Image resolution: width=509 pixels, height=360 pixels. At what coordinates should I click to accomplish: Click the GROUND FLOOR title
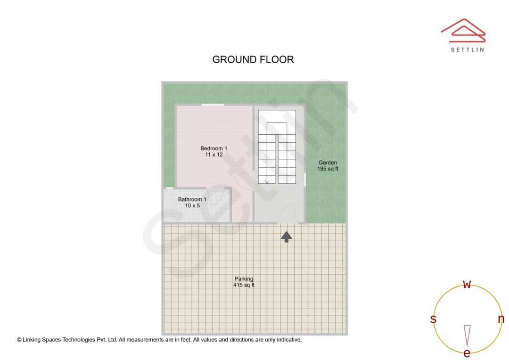[x=253, y=59]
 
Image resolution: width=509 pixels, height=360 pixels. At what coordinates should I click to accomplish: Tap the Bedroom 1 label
[x=213, y=148]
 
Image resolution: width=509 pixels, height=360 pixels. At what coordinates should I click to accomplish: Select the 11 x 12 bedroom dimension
[x=213, y=155]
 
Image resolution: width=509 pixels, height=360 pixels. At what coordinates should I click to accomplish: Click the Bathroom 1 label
[x=192, y=199]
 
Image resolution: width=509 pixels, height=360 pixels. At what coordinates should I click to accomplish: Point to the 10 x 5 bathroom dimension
[x=192, y=205]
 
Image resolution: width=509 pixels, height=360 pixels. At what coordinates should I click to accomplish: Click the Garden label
[x=328, y=163]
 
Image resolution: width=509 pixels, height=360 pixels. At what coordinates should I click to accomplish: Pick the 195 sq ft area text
[x=328, y=169]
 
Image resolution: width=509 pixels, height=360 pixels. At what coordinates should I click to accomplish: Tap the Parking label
[x=244, y=279]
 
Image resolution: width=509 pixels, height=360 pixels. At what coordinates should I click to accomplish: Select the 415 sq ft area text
[x=244, y=285]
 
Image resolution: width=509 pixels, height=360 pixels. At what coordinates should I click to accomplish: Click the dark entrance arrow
[x=286, y=237]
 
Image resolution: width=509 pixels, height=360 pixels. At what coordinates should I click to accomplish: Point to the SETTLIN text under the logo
[x=467, y=49]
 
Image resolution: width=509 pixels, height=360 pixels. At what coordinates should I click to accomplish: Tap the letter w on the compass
[x=467, y=284]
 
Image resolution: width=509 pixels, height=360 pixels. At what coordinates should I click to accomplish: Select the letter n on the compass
[x=501, y=319]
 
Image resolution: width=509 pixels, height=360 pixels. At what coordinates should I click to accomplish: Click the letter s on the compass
[x=433, y=319]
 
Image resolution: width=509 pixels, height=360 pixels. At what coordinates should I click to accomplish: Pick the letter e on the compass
[x=467, y=353]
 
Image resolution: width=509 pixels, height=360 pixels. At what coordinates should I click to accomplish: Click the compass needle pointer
[x=467, y=335]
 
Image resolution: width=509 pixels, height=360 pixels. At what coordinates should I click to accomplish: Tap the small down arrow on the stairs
[x=267, y=181]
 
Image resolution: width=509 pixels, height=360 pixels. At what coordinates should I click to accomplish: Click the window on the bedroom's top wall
[x=212, y=105]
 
